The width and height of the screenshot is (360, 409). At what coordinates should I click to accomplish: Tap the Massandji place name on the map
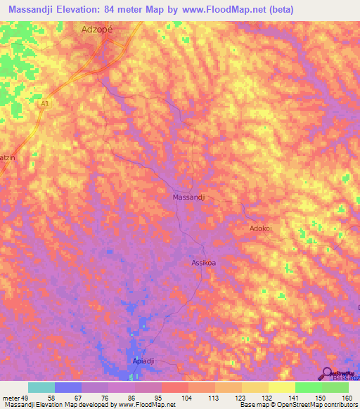[x=189, y=197]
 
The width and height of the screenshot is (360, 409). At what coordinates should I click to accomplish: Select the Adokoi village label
[x=264, y=228]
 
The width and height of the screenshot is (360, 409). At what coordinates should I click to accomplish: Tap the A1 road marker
[x=45, y=104]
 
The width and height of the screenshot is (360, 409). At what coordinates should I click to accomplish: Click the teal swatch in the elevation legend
[x=41, y=387]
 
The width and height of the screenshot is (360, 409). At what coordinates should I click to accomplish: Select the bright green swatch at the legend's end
[x=335, y=387]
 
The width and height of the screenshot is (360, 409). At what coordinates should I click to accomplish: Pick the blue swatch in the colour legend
[x=68, y=387]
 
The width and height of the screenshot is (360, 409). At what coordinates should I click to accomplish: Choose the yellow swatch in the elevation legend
[x=281, y=387]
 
